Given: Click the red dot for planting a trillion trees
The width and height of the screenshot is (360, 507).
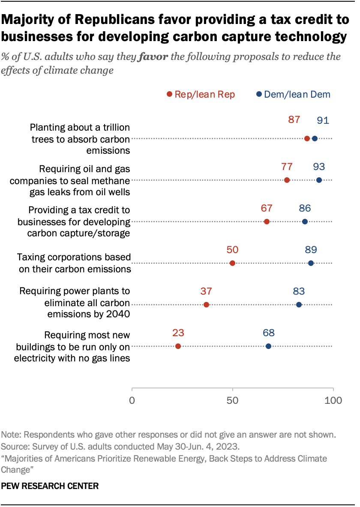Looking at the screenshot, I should point(307,138).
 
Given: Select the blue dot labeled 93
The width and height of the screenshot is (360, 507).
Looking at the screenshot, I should point(319,180).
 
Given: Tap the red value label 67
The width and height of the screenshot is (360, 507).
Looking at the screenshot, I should point(267,209).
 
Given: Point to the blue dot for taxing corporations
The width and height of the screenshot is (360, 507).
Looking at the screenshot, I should point(311,263).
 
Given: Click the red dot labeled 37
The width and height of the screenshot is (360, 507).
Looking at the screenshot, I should point(206,304).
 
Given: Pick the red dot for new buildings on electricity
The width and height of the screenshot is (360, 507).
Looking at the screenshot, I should point(178,346).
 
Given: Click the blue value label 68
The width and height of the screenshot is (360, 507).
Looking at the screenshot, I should point(268,333).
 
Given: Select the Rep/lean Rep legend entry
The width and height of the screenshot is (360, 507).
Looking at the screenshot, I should point(201,95).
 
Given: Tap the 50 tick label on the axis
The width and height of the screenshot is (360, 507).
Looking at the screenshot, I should point(232,401).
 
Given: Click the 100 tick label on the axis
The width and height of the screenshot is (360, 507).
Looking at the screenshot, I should point(333,401).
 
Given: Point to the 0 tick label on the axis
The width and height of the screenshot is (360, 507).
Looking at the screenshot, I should point(132,401).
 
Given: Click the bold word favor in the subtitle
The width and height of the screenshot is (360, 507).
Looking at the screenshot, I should point(156,57).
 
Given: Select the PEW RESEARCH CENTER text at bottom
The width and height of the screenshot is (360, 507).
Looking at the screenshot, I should point(50,486).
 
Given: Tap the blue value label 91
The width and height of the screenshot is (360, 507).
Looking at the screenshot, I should point(323,120).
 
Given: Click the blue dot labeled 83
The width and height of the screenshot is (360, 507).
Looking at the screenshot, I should point(299,304).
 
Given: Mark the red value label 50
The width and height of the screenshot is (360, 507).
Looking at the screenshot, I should point(232,250).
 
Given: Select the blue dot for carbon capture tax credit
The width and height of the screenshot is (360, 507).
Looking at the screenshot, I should point(305,221).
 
